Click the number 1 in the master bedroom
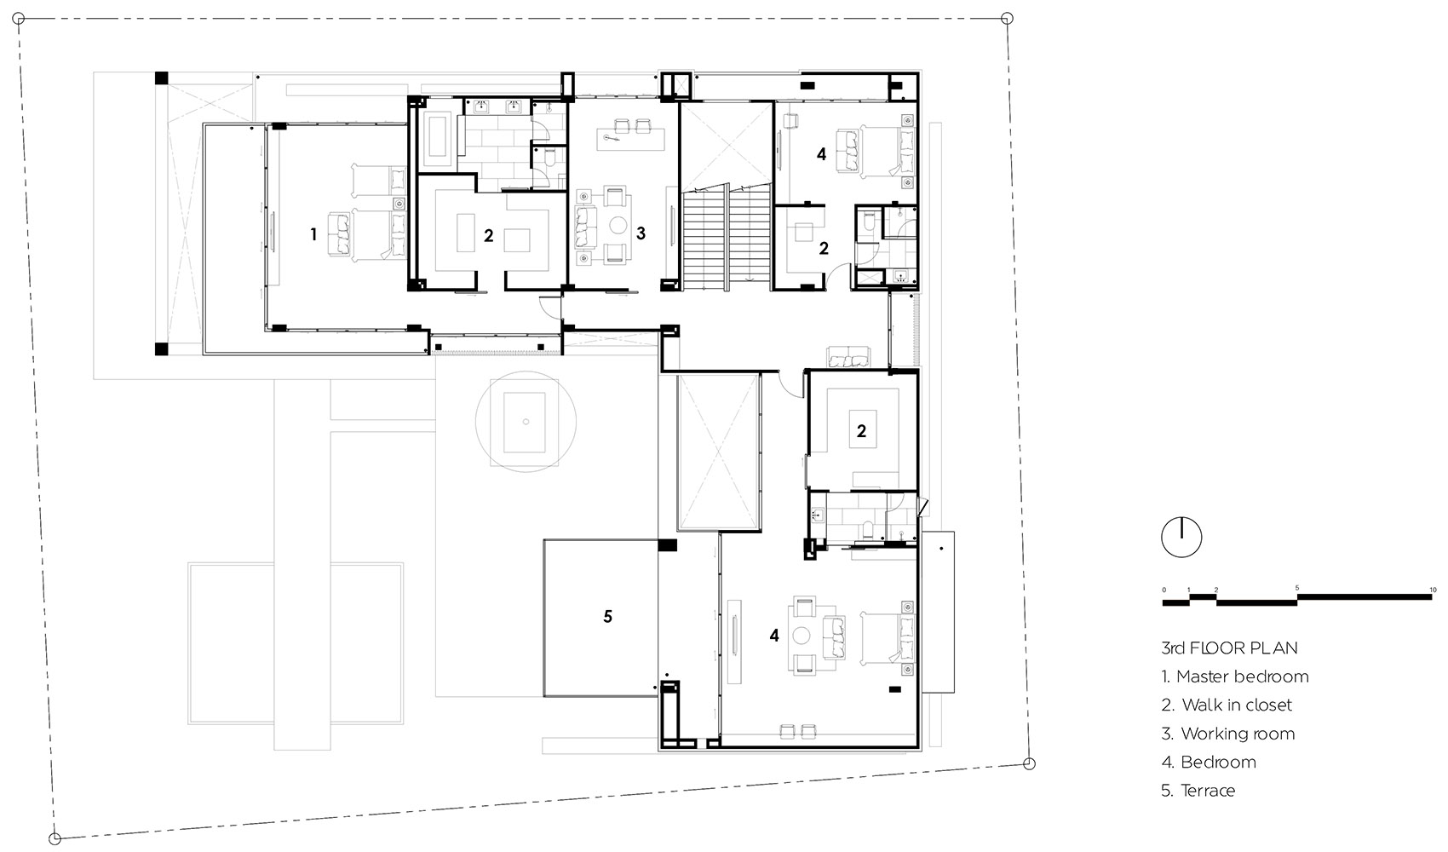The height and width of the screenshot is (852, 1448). (314, 234)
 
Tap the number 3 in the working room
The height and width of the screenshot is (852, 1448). (641, 233)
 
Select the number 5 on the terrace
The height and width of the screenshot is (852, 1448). (607, 617)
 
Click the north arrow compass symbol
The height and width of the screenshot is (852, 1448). (1181, 538)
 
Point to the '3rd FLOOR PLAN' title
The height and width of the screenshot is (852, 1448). (1229, 648)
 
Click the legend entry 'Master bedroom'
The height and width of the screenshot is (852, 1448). (1235, 676)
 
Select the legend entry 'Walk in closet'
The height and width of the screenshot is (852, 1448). (1227, 705)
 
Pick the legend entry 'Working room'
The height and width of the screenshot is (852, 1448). (1228, 734)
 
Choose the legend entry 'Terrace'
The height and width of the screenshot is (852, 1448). (1198, 791)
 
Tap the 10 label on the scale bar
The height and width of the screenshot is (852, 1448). (1434, 590)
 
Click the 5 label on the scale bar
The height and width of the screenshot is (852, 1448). (1296, 588)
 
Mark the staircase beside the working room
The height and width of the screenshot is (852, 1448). (727, 237)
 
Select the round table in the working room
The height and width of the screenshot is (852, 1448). (618, 225)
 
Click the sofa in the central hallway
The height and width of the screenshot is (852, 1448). (848, 357)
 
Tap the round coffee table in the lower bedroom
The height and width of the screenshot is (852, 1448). (802, 636)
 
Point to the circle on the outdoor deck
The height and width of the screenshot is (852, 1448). (526, 422)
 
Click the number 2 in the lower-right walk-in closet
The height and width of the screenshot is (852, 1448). (861, 431)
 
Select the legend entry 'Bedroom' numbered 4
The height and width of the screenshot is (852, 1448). (1209, 763)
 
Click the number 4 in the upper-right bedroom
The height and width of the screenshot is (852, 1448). (821, 154)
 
